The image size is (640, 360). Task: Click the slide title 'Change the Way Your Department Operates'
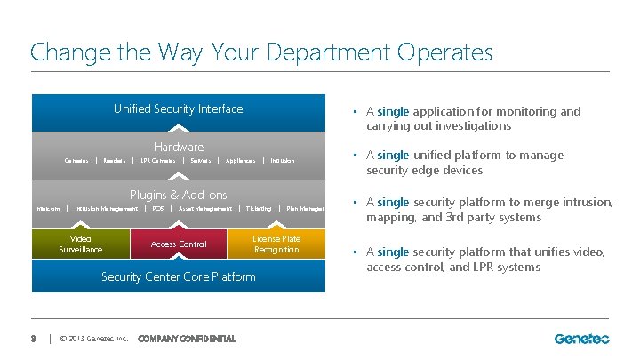point(260,52)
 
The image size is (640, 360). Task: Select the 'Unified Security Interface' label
point(178,109)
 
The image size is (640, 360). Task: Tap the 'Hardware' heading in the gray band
point(178,147)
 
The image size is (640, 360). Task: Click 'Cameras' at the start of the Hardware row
point(76,161)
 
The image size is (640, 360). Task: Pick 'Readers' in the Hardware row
point(114,161)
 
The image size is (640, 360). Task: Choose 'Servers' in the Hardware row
point(200,161)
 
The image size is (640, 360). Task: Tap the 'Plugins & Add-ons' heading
point(178,195)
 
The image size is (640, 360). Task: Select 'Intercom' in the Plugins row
point(47,209)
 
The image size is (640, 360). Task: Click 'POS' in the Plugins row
point(158,209)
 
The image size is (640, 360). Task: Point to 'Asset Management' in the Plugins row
point(204,209)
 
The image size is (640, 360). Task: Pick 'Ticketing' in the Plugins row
point(259,209)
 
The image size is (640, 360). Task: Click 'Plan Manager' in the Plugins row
point(305,209)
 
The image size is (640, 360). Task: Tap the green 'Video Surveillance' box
point(80,244)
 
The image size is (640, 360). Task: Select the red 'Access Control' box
point(178,244)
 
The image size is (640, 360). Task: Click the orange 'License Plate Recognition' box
point(276,244)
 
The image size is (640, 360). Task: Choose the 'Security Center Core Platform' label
point(178,276)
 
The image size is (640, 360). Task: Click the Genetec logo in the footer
point(581,338)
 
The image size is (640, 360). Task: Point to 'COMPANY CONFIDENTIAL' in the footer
point(187,339)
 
